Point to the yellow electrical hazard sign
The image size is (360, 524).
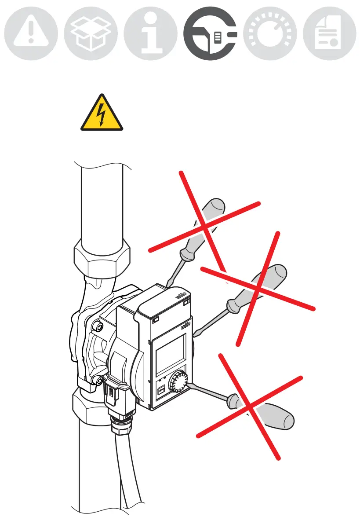coord(102,114)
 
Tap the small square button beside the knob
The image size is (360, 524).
coord(161,390)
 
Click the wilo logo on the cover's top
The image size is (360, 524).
coord(182,296)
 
